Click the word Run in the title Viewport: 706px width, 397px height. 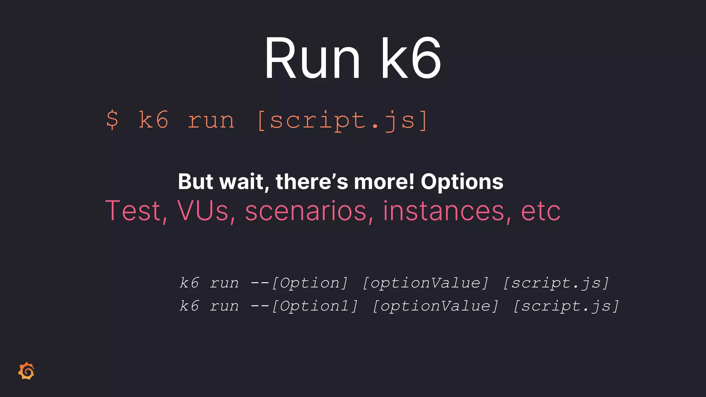pos(312,59)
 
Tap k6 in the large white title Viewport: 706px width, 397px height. pos(410,59)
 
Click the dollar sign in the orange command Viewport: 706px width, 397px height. pos(112,120)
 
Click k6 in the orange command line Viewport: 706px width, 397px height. pos(153,120)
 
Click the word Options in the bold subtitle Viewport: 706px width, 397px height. pos(462,182)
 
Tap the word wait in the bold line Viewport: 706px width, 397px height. pos(243,182)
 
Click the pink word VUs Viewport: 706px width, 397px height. pos(203,211)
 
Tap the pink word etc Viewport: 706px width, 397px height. pos(541,211)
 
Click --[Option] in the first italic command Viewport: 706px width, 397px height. pos(299,283)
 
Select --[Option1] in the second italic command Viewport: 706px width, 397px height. pos(304,306)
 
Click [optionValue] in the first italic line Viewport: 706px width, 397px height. pos(425,283)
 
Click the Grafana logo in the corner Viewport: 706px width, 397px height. pos(27,371)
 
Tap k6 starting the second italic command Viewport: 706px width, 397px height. pos(189,306)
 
